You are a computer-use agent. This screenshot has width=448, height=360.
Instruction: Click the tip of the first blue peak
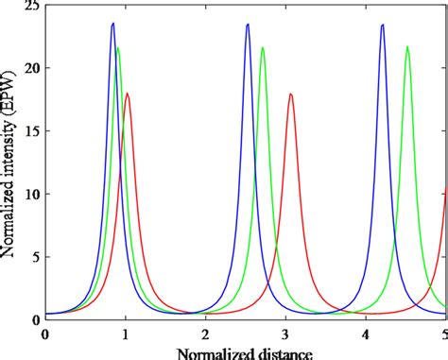pos(112,24)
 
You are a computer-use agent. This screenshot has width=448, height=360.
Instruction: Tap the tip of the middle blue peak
pos(248,25)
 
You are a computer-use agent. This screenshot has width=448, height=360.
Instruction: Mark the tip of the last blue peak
pos(383,25)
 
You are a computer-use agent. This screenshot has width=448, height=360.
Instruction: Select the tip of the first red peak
pos(128,93)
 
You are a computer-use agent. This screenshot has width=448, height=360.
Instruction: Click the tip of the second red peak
pos(291,94)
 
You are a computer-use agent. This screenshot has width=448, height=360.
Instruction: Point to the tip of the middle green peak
pos(263,48)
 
